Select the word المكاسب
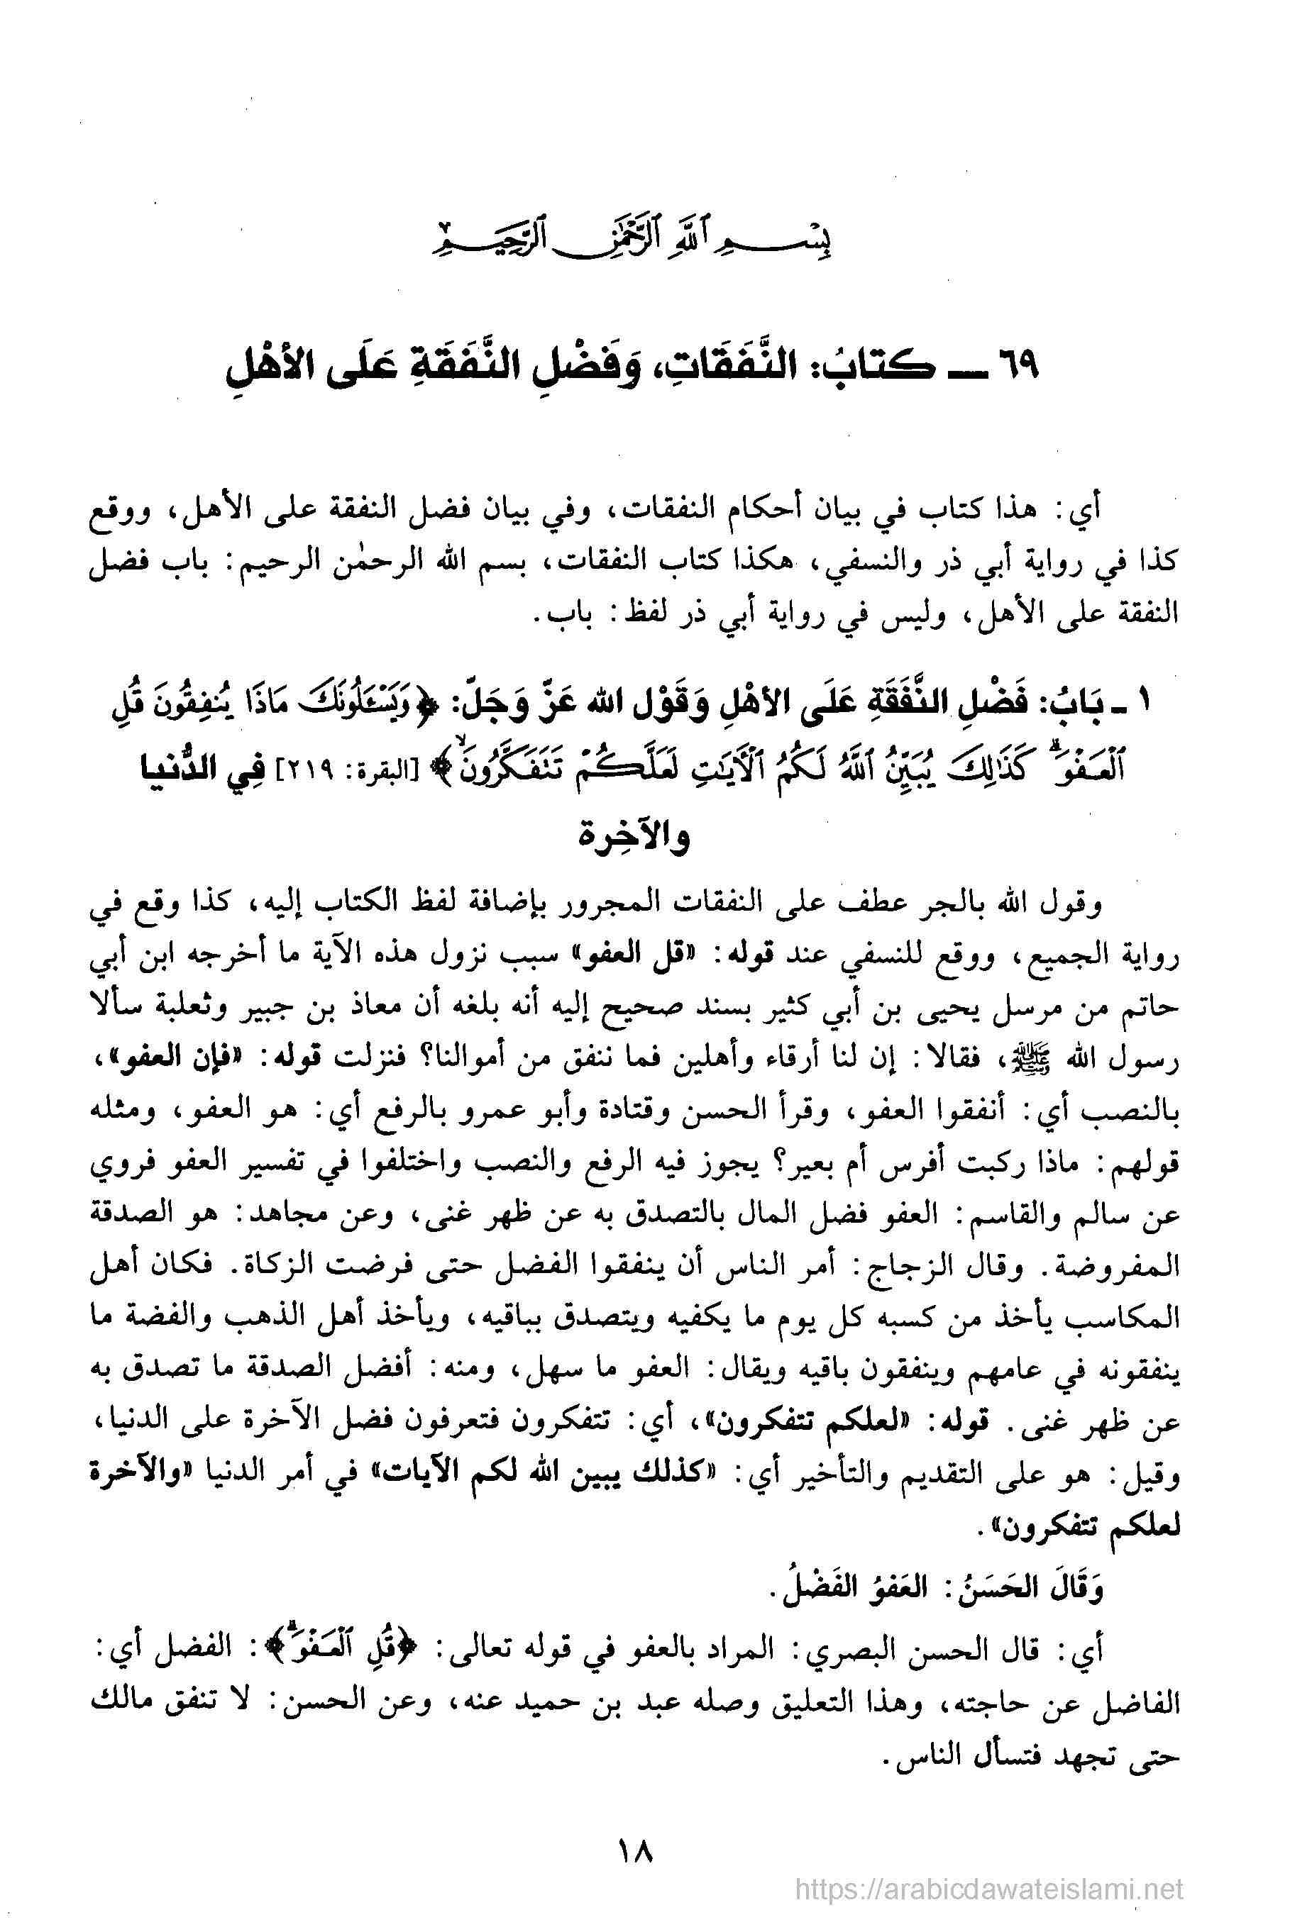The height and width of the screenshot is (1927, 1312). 1128,1307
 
